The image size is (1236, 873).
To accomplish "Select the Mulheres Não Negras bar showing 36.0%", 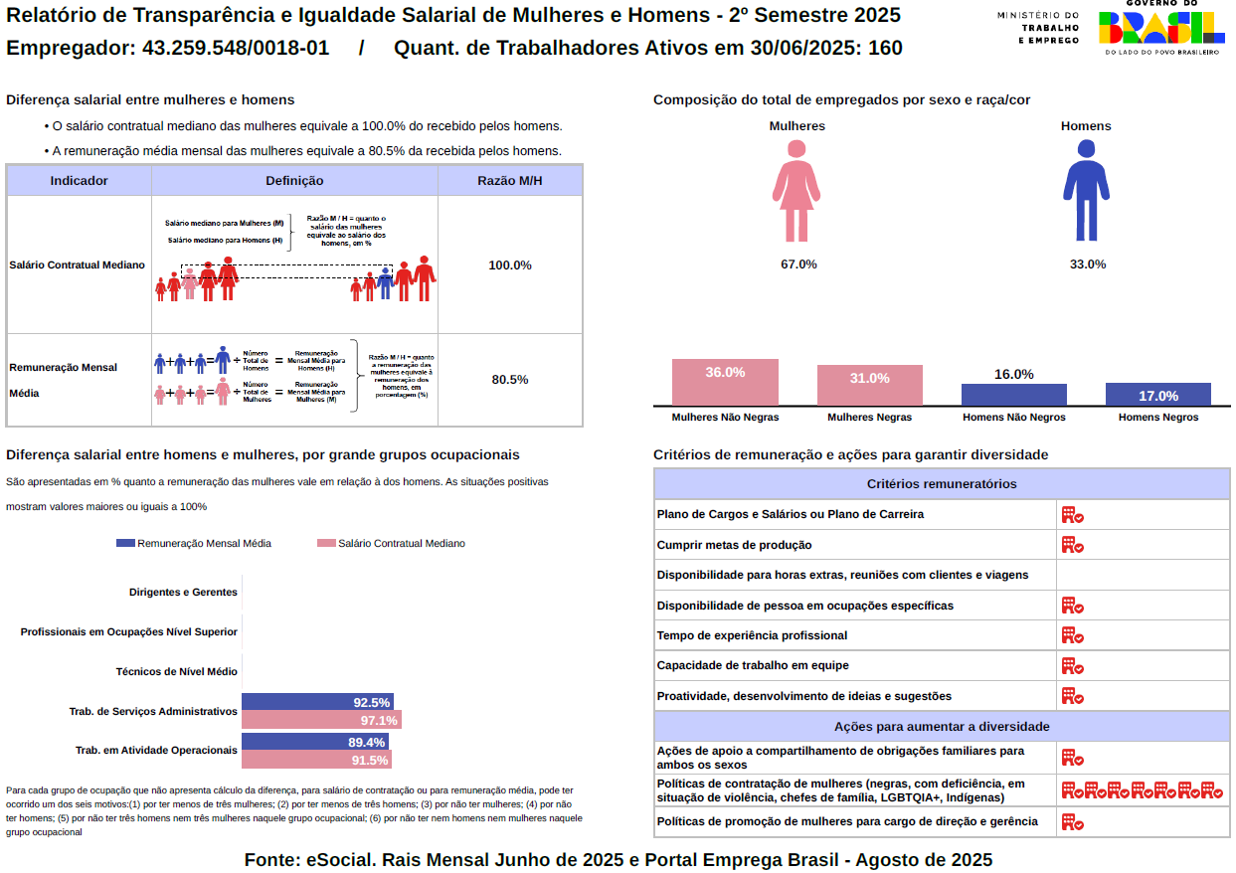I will pos(725,382).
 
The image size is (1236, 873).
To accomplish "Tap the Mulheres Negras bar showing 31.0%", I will pos(870,385).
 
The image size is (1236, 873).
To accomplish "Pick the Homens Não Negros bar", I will pos(1013,394).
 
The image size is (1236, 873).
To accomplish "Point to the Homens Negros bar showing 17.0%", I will pos(1158,394).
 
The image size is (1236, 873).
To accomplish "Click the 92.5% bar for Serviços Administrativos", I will pos(317,702).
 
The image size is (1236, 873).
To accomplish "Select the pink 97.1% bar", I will pos(321,720).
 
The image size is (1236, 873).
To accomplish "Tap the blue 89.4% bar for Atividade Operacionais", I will pos(315,742).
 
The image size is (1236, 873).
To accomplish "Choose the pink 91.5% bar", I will pos(316,760).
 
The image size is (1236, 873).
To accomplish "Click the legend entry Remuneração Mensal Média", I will pos(194,543).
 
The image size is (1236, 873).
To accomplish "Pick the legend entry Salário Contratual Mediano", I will pos(391,543).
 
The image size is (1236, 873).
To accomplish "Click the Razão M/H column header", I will pos(510,181).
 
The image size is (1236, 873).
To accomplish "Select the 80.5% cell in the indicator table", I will pos(510,380).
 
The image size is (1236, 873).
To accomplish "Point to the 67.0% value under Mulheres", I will pos(798,264).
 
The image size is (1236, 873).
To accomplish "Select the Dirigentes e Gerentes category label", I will pos(183,592).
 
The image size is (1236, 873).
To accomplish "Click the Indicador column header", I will pos(80,181).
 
